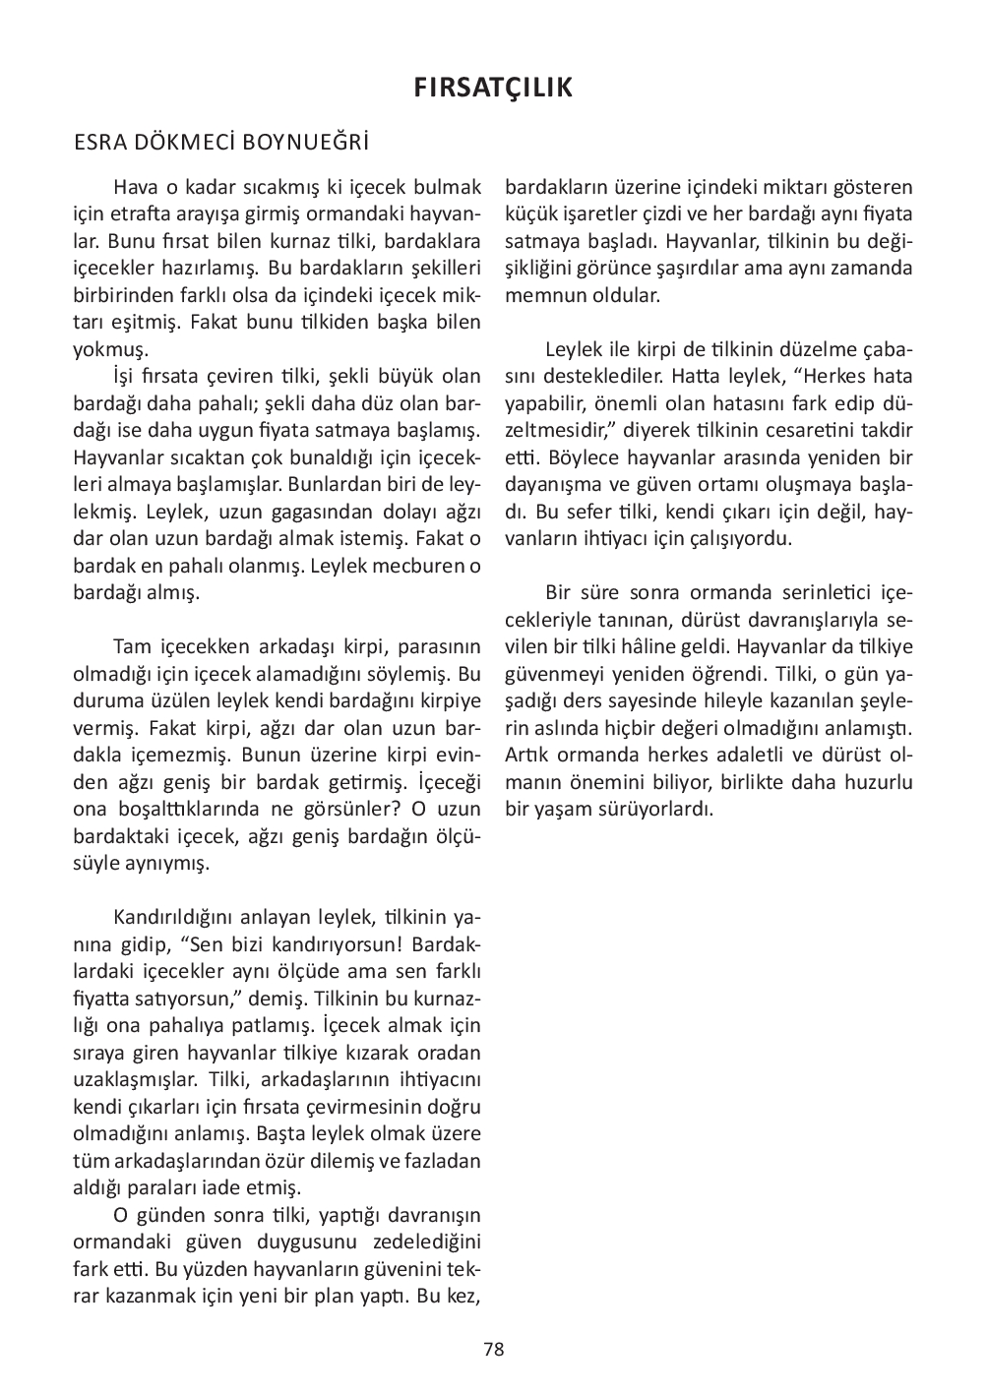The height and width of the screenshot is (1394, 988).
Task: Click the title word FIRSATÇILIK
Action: coord(493,89)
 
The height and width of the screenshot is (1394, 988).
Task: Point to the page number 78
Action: coord(494,1349)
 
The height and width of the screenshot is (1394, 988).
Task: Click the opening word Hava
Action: coord(134,187)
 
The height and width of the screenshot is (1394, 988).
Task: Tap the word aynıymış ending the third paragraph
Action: coord(169,864)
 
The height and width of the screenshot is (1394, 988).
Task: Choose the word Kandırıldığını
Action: coord(173,918)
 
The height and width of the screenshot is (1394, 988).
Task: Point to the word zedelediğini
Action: coord(426,1241)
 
